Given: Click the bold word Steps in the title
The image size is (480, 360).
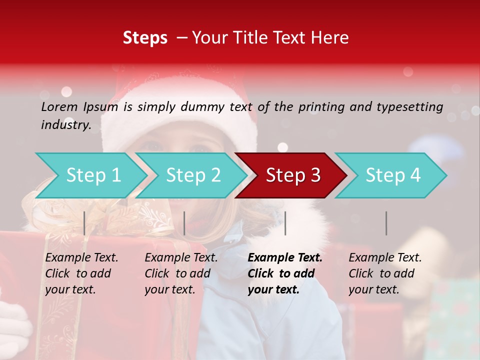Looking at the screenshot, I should pyautogui.click(x=145, y=38).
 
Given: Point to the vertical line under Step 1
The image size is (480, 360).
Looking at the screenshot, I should pyautogui.click(x=84, y=223).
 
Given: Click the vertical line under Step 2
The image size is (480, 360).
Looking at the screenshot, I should pyautogui.click(x=184, y=223).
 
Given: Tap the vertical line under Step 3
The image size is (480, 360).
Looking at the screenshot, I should pyautogui.click(x=285, y=223).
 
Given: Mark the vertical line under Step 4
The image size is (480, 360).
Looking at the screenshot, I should pyautogui.click(x=386, y=223).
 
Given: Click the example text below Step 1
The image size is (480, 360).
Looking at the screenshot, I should pyautogui.click(x=81, y=273).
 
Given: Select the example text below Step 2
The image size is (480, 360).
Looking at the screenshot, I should pyautogui.click(x=181, y=273).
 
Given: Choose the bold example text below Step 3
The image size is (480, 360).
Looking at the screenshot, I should pyautogui.click(x=285, y=273).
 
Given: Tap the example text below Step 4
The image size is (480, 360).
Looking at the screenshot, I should pyautogui.click(x=385, y=273).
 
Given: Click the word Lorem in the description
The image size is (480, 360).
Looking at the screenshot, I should pyautogui.click(x=59, y=106).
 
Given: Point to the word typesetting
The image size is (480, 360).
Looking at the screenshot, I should pyautogui.click(x=409, y=106).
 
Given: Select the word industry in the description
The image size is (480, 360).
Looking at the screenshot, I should pyautogui.click(x=65, y=124).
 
